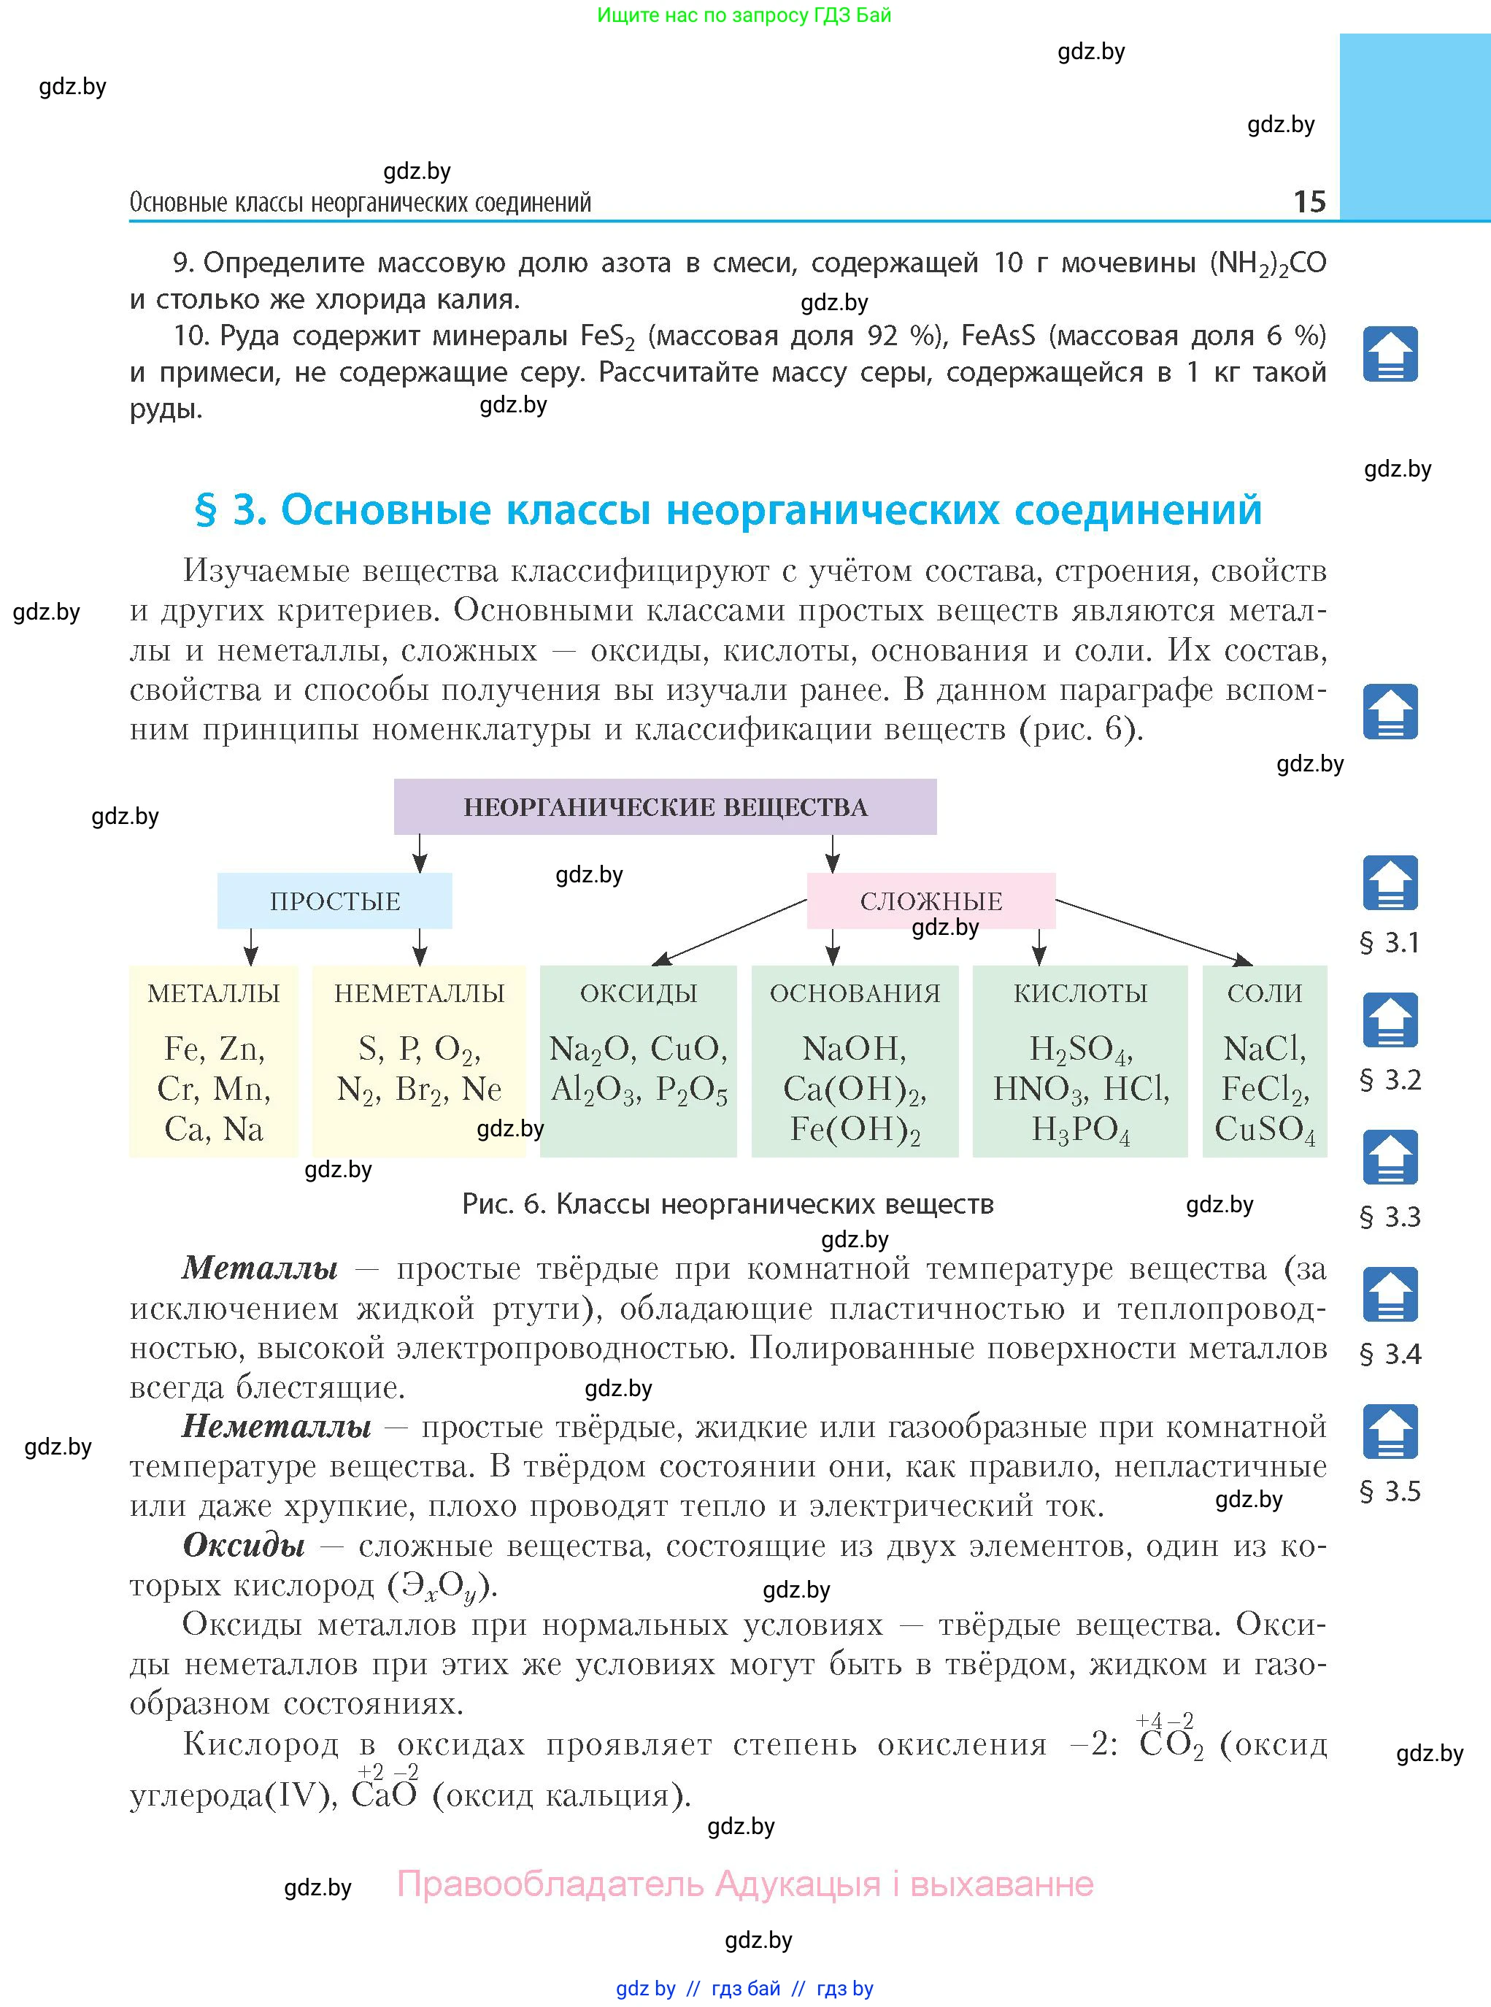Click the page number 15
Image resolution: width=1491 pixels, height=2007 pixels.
1309,201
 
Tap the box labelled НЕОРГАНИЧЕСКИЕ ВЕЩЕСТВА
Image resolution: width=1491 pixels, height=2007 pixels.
665,806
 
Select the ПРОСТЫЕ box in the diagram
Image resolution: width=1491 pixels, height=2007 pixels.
335,901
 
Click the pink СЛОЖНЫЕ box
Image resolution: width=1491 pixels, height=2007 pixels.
931,901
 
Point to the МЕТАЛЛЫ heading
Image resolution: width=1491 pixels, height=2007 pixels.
214,993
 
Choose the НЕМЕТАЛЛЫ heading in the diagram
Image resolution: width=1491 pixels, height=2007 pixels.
419,993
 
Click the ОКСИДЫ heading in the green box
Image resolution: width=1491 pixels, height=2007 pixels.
638,993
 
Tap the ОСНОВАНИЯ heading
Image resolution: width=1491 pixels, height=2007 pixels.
855,993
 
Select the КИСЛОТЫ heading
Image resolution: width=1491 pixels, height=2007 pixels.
1080,993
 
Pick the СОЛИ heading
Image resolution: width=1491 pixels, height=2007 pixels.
1265,993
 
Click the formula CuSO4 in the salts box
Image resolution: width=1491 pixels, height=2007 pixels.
1265,1130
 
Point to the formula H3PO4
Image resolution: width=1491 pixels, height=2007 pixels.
1080,1130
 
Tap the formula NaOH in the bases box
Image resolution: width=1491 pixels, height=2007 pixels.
854,1049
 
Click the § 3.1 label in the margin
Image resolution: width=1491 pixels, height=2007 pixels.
1390,943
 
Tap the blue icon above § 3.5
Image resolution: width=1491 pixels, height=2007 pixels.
1390,1432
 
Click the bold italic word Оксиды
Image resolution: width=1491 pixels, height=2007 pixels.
244,1546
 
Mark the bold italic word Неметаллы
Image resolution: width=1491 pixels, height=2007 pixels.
276,1427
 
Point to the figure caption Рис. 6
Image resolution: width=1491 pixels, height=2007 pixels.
728,1204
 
